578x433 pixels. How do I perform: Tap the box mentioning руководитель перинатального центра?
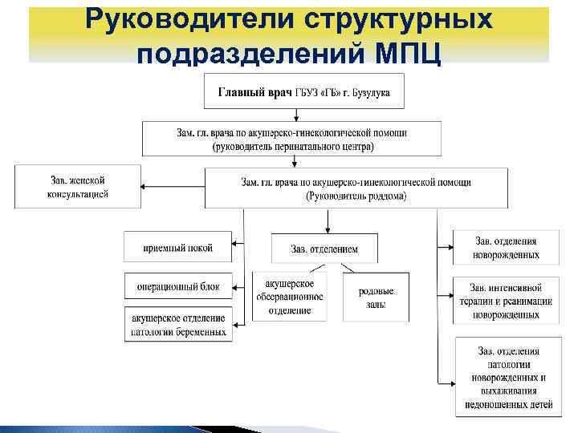click(292, 138)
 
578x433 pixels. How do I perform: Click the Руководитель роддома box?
click(356, 189)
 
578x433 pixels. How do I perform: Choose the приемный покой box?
click(177, 247)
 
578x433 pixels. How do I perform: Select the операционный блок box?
click(177, 285)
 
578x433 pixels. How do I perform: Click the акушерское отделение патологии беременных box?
click(177, 324)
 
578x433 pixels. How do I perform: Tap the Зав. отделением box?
click(324, 249)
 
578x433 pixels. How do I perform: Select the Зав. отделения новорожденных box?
click(505, 248)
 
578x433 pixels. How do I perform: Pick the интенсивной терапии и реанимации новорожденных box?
click(505, 301)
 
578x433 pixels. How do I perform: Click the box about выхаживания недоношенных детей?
click(505, 377)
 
